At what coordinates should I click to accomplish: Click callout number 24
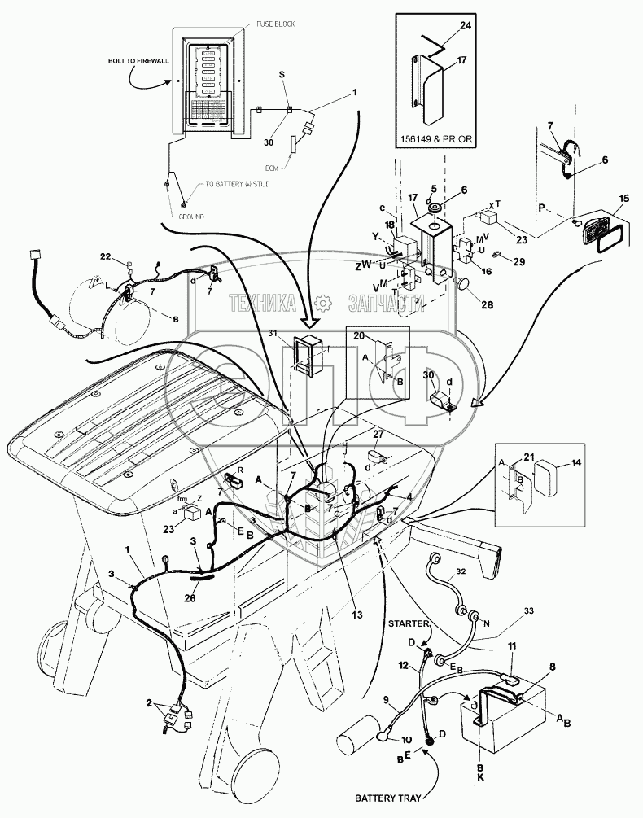click(x=465, y=25)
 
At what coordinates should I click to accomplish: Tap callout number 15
click(x=623, y=199)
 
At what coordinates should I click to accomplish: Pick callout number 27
click(x=377, y=435)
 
